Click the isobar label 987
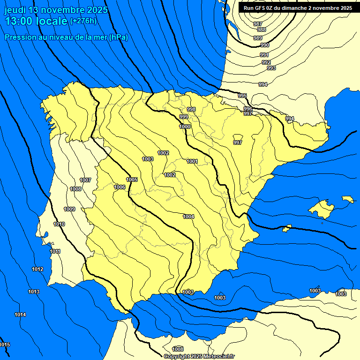[x=257, y=24]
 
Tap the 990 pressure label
[x=265, y=45]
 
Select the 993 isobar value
[x=271, y=68]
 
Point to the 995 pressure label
[x=242, y=96]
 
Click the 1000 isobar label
[x=185, y=127]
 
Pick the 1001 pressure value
[x=192, y=161]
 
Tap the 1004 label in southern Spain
[x=188, y=217]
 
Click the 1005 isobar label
[x=132, y=180]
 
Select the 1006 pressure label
[x=120, y=187]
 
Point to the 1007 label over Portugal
[x=85, y=180]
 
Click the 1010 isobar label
[x=59, y=224]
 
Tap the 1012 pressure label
[x=37, y=269]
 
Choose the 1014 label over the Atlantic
[x=20, y=315]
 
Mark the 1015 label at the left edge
[x=5, y=345]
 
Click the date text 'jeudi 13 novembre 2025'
[x=56, y=10]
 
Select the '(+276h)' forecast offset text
[x=83, y=21]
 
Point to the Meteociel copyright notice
[x=199, y=356]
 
